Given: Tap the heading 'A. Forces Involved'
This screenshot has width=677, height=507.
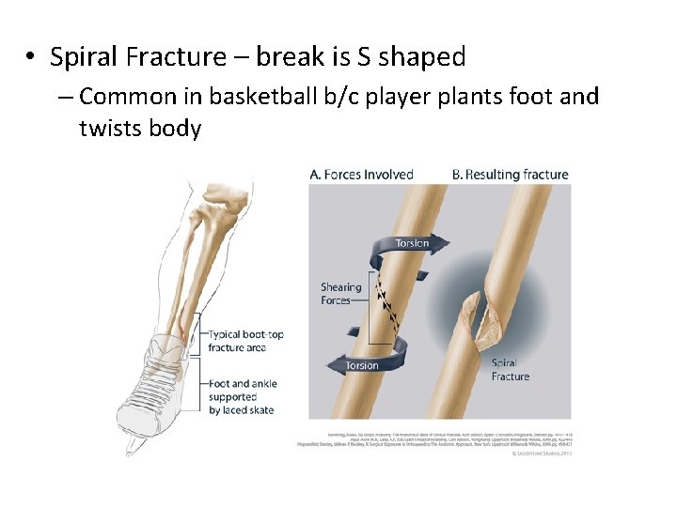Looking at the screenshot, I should coord(361,174).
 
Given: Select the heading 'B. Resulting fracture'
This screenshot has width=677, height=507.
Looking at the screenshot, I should coord(510,174).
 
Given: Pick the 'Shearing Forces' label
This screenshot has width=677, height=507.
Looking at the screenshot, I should coord(340,294).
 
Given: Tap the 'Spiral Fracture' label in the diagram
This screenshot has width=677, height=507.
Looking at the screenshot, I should coord(510,369).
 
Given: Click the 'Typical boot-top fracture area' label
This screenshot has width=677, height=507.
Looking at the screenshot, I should coord(245,341).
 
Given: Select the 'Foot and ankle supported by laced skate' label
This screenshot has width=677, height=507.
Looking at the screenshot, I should coord(243,396).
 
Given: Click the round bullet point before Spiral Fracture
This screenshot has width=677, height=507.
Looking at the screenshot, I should coord(31,58).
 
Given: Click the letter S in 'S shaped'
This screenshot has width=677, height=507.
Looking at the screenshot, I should coord(361,57).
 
